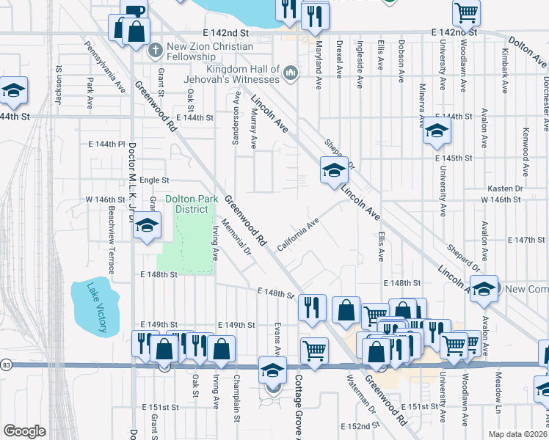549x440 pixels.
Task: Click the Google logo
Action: tap(24, 431)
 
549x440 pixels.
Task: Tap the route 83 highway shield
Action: tap(6, 364)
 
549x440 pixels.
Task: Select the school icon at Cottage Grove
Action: tap(272, 370)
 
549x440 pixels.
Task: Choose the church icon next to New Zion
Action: tap(154, 51)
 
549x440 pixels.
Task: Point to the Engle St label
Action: tap(154, 180)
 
